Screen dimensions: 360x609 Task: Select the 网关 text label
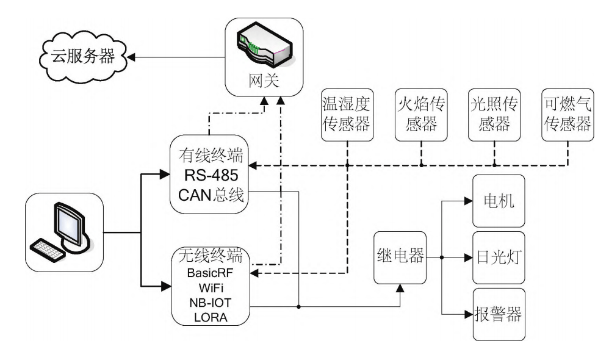click(x=264, y=82)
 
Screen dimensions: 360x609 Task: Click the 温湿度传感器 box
click(x=347, y=113)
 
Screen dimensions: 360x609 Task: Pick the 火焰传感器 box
click(x=421, y=113)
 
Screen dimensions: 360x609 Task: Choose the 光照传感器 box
click(x=494, y=113)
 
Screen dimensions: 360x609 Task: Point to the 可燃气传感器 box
click(x=568, y=113)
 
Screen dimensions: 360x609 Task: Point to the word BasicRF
click(x=211, y=272)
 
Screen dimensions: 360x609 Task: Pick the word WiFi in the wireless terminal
click(x=211, y=287)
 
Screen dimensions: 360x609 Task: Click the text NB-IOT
click(x=211, y=302)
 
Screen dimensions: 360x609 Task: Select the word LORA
click(x=211, y=317)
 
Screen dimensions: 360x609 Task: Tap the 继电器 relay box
click(x=399, y=256)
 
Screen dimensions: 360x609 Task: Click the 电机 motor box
click(x=498, y=201)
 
